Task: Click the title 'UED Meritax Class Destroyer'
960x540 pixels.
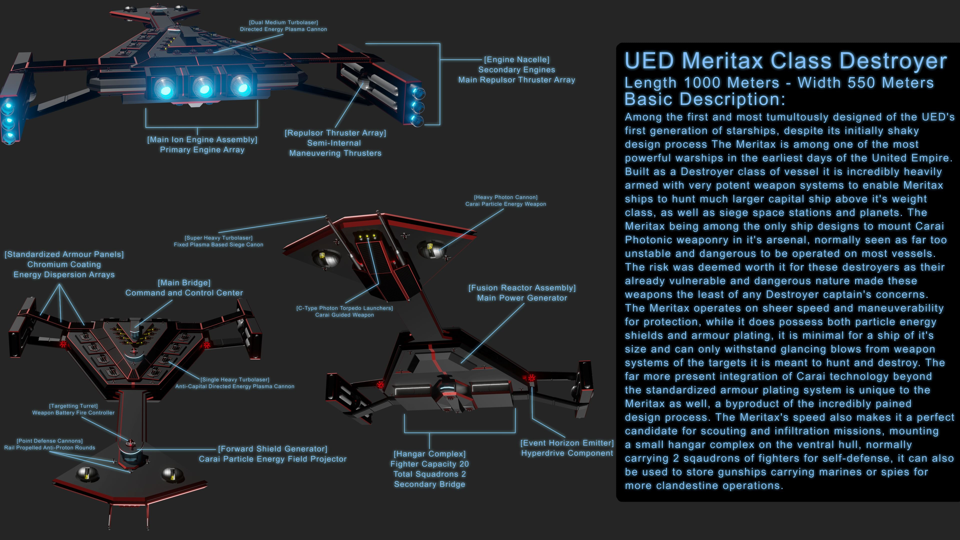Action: tap(785, 61)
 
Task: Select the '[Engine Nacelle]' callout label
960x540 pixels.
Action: tap(516, 60)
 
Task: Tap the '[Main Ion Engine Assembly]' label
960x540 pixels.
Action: tap(202, 140)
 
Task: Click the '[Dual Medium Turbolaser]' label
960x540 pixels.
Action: tap(283, 22)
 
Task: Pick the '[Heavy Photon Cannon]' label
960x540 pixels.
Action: tap(506, 197)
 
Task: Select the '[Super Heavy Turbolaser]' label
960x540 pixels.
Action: tap(218, 238)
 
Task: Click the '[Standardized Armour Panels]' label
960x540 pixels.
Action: tap(64, 254)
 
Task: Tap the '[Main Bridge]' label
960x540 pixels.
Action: tap(184, 283)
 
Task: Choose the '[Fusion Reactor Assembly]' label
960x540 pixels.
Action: tap(522, 288)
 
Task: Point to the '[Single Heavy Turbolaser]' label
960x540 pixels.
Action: tap(235, 380)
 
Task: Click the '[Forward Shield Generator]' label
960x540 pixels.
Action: tap(273, 449)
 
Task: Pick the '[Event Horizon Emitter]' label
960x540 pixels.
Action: tap(567, 443)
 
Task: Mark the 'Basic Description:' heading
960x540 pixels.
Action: tap(705, 99)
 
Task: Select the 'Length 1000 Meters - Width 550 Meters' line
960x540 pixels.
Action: tap(779, 83)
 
